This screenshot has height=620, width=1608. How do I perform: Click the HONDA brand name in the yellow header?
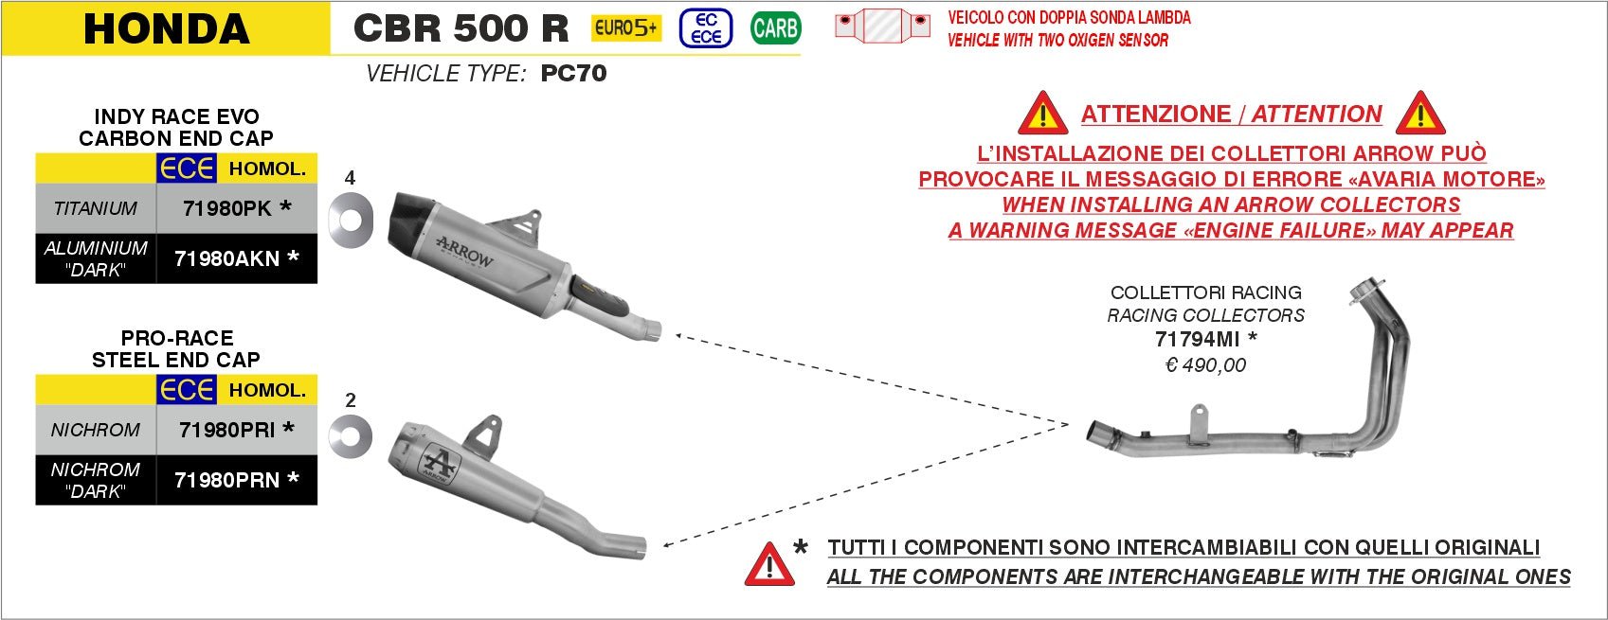click(x=167, y=28)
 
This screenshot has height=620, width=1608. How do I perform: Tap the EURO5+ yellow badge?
click(x=626, y=28)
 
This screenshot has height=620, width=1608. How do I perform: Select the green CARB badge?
click(x=775, y=28)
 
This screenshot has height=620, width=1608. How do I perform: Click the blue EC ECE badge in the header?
click(x=706, y=28)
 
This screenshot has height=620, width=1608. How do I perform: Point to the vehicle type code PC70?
click(x=573, y=74)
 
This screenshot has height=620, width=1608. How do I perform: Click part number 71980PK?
click(x=227, y=208)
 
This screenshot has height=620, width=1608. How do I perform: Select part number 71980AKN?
click(x=227, y=258)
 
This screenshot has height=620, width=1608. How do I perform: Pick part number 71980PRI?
click(x=227, y=430)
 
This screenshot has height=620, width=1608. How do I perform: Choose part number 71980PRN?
click(x=227, y=480)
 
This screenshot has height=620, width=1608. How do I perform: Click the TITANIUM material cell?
click(x=96, y=208)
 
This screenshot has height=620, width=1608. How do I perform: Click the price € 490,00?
click(x=1205, y=365)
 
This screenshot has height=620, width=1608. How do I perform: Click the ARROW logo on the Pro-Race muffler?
click(x=438, y=463)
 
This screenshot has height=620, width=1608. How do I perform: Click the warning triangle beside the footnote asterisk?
click(x=769, y=565)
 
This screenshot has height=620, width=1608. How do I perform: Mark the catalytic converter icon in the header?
click(x=882, y=26)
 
